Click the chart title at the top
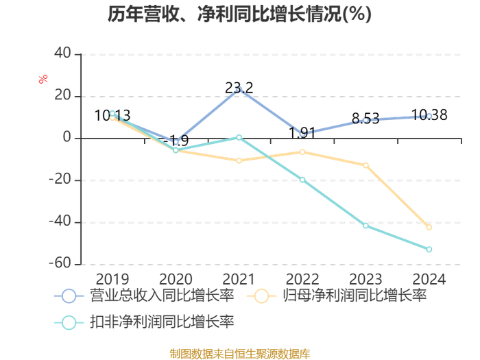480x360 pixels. [x=239, y=14]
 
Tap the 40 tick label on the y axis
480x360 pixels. [x=62, y=53]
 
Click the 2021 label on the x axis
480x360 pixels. [x=239, y=279]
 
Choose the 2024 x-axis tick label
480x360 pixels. [x=429, y=279]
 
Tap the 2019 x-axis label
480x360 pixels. [x=112, y=279]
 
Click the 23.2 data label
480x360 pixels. [x=239, y=88]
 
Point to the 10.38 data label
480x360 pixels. [x=429, y=115]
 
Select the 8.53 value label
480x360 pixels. [x=365, y=119]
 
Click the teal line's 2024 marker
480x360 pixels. [x=429, y=250]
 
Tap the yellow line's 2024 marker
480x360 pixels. [x=429, y=227]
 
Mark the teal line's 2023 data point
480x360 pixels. [x=365, y=226]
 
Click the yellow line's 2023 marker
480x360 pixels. [x=365, y=165]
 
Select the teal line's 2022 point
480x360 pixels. [x=302, y=180]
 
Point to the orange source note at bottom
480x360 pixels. [x=240, y=353]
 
